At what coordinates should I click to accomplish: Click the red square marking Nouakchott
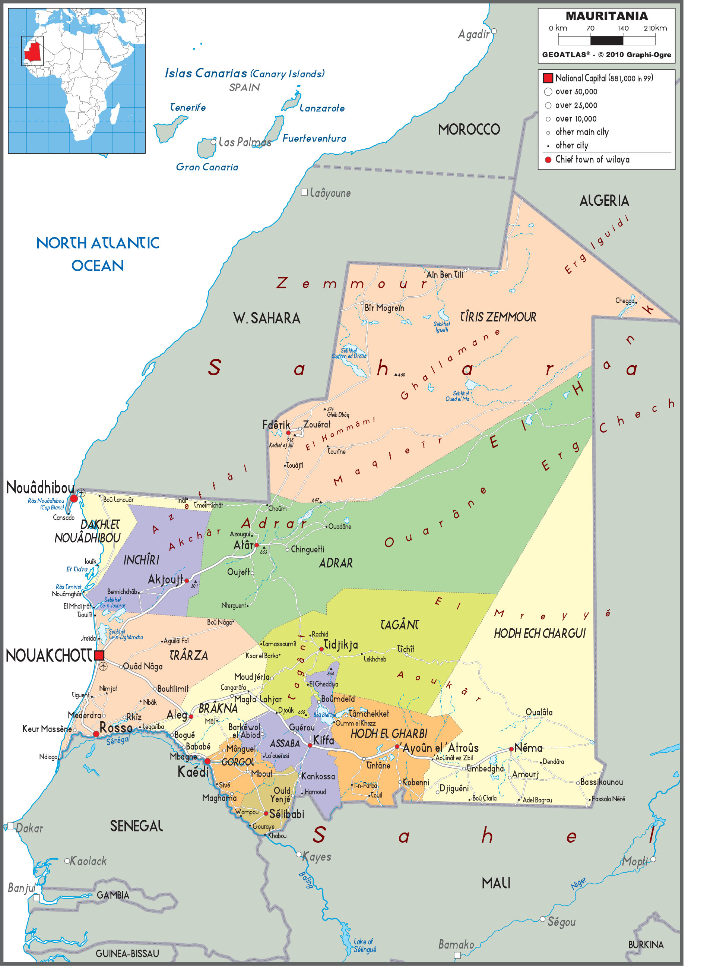[x=99, y=655]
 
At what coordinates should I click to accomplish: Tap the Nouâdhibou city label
[x=40, y=487]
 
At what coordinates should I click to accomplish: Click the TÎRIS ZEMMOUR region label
[x=498, y=317]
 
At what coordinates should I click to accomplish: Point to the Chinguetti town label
[x=307, y=549]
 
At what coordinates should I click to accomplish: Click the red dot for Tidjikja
[x=321, y=649]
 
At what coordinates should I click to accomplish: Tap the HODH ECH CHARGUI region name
[x=540, y=633]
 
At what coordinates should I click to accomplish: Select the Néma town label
[x=528, y=748]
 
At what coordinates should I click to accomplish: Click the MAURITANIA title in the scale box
[x=606, y=16]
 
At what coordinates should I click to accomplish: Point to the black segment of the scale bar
[x=606, y=41]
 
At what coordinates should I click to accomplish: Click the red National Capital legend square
[x=548, y=78]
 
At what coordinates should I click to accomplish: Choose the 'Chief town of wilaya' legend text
[x=592, y=160]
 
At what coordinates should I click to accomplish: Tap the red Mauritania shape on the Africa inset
[x=33, y=51]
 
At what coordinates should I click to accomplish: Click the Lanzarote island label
[x=322, y=108]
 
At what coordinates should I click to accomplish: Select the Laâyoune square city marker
[x=304, y=192]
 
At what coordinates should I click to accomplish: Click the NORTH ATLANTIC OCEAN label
[x=98, y=254]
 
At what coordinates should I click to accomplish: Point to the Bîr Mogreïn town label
[x=384, y=308]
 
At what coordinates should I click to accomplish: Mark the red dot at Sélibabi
[x=266, y=814]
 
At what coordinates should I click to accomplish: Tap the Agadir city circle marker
[x=494, y=31]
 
